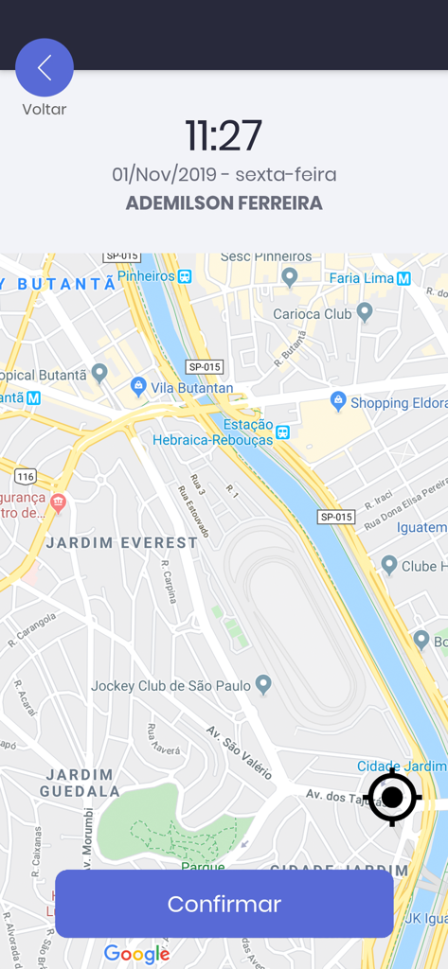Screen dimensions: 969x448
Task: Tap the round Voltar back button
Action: point(45,67)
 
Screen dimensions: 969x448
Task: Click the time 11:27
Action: point(224,136)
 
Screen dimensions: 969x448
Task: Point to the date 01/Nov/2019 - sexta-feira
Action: point(224,175)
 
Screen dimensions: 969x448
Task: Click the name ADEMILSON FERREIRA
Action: point(224,203)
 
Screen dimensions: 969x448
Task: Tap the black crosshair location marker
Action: point(391,798)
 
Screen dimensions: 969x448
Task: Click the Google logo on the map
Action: point(136,954)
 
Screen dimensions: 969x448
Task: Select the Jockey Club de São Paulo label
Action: point(170,685)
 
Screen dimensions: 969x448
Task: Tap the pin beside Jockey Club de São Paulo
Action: point(264,683)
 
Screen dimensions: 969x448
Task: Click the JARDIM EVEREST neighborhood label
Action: point(122,543)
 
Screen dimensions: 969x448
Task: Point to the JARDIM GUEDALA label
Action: point(81,783)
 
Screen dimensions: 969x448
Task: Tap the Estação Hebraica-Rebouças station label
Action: point(212,432)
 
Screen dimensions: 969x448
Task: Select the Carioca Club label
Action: point(312,314)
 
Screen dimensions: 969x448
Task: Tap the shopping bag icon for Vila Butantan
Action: point(138,386)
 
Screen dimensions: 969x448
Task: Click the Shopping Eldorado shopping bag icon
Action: point(338,401)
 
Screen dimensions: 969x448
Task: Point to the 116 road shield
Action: point(26,476)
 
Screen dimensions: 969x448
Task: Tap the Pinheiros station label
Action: point(146,276)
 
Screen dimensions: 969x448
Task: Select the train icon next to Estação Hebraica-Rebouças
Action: point(282,432)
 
